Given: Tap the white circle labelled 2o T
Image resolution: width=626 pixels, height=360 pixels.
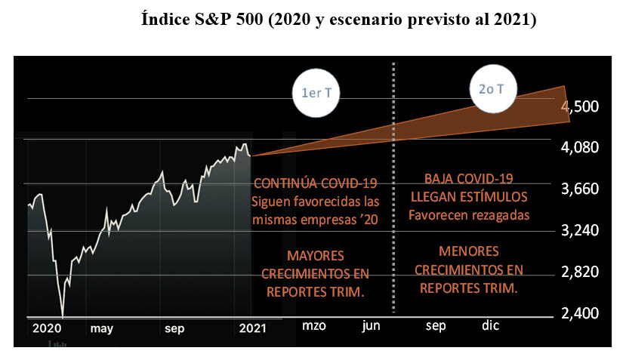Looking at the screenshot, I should coord(497,89).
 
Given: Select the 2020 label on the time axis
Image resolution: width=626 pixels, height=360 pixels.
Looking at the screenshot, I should coord(47,328).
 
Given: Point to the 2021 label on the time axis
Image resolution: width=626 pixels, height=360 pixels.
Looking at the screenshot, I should coord(252,328).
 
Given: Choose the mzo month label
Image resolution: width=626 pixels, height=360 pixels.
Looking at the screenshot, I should coord(316,326).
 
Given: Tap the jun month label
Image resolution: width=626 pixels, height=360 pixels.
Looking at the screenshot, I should coord(372,326).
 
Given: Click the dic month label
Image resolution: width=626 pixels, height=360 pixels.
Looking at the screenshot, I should coord(491,326).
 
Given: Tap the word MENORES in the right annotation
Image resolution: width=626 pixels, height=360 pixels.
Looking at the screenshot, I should coord(468,251).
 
